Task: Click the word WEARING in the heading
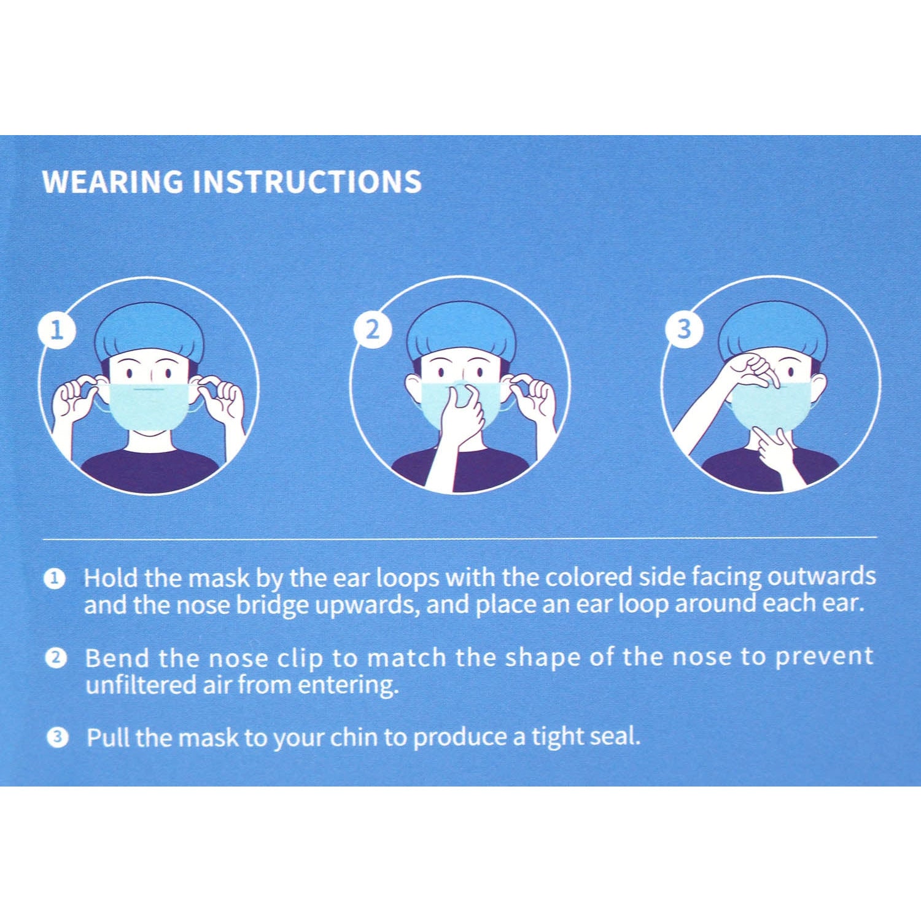coord(112,182)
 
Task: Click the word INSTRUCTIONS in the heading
coord(307,182)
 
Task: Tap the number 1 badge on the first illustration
coord(56,331)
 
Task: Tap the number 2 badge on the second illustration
coord(372,330)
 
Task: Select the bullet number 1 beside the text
coord(55,578)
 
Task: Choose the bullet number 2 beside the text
coord(55,658)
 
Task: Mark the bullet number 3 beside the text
coord(57,737)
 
